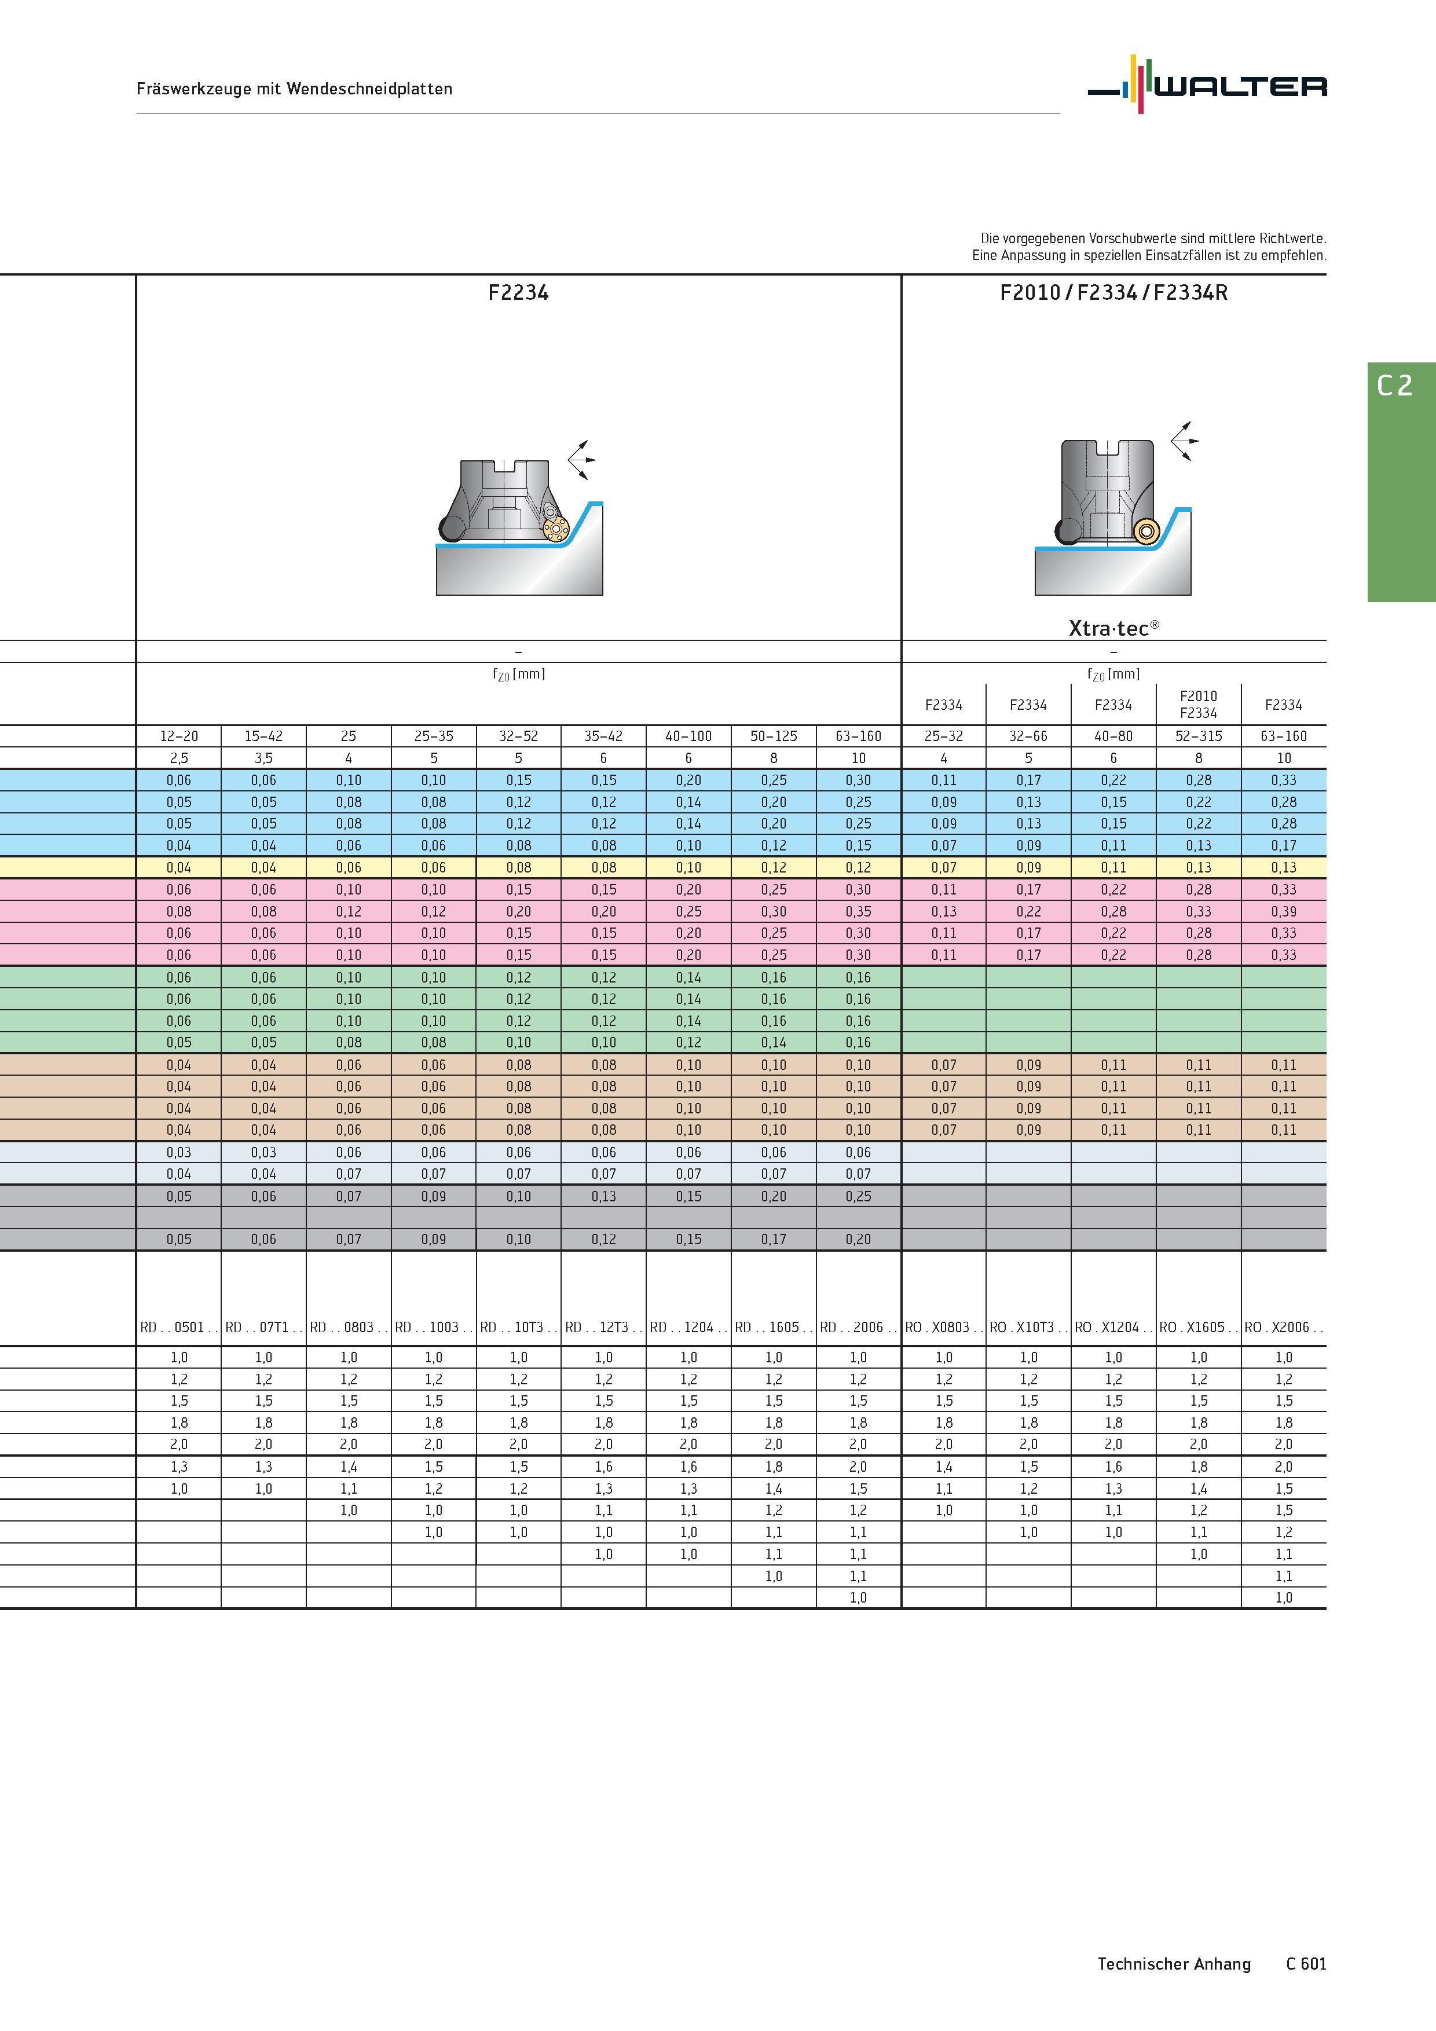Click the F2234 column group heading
coord(518,293)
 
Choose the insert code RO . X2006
coord(1284,1327)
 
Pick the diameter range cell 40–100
coord(688,736)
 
